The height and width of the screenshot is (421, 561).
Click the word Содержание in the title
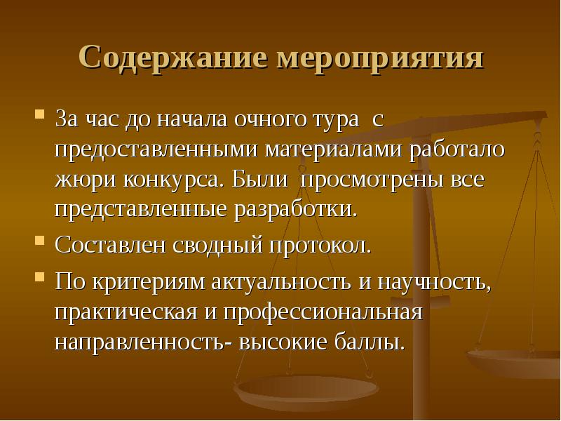173,58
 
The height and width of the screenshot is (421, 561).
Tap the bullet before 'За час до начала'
40,114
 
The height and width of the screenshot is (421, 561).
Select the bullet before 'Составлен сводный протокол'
40,240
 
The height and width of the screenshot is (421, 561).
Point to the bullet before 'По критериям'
40,276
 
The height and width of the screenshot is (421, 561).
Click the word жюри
86,180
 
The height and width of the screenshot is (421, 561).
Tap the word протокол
320,246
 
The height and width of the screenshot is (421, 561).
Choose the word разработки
295,210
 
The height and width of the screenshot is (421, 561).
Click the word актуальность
281,281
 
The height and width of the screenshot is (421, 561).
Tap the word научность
434,283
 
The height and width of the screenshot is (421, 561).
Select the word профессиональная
323,312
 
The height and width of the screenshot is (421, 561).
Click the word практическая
126,312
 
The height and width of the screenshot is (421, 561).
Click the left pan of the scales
306,389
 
